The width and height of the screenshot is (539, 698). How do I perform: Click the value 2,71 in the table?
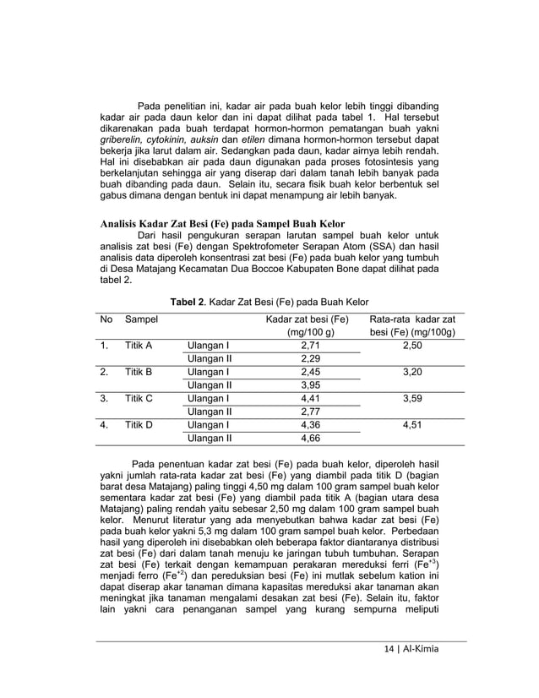[x=309, y=346]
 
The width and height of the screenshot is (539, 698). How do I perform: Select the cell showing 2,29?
[x=309, y=359]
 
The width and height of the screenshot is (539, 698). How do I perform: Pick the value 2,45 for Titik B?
[x=309, y=372]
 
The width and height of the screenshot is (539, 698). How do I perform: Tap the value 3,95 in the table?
[x=309, y=385]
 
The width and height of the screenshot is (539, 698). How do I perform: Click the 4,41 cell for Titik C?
[x=309, y=399]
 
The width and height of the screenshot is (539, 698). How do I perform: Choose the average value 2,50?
[x=412, y=346]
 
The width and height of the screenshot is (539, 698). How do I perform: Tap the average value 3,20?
[x=412, y=372]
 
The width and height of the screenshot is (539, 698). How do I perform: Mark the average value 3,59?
[x=412, y=399]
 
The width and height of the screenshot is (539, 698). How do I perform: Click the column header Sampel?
[x=141, y=319]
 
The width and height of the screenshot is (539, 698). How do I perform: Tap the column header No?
[x=106, y=319]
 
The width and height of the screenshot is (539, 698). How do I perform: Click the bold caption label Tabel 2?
[x=190, y=301]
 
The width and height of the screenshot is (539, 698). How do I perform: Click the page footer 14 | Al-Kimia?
[x=411, y=650]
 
